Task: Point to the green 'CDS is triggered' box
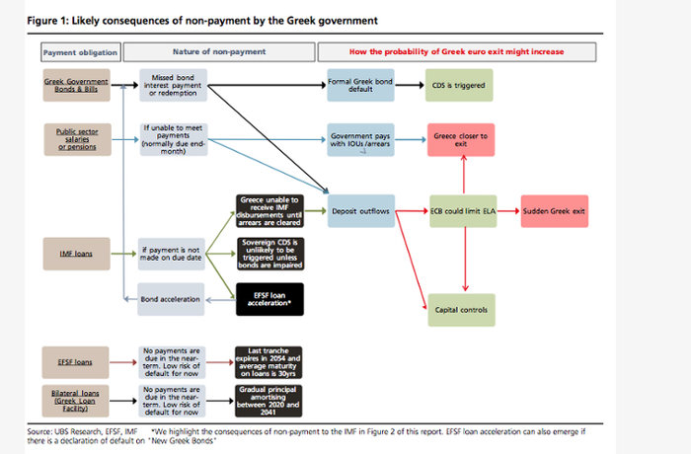[459, 86]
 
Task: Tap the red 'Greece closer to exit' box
[459, 138]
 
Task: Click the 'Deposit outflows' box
[360, 211]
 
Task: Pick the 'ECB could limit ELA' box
[459, 211]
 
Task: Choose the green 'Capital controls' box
[459, 310]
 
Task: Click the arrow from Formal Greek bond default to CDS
[409, 86]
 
